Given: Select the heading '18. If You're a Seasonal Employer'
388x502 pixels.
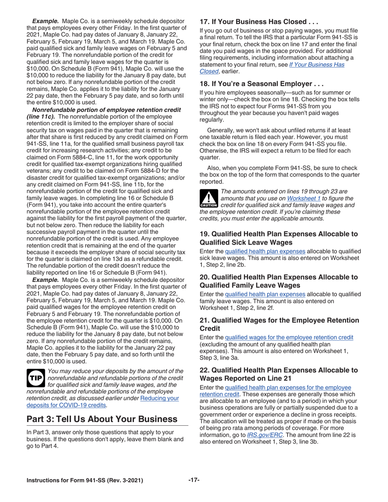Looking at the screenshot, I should coord(261,84).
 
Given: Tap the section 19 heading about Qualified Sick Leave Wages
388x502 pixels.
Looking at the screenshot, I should coord(279,238).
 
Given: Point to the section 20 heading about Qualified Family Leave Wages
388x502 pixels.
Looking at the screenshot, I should coord(279,281).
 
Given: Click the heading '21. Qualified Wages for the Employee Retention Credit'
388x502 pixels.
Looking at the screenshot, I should coord(279,324).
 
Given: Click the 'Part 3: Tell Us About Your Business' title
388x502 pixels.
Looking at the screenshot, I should coord(102,419).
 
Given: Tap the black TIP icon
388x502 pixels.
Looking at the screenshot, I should coord(36,378).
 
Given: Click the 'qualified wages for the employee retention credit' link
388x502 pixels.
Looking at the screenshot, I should coord(289,337).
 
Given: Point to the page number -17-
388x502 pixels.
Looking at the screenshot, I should coord(194,480).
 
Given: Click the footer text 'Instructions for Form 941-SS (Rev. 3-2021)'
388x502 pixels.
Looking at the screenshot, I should coord(85,481).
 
